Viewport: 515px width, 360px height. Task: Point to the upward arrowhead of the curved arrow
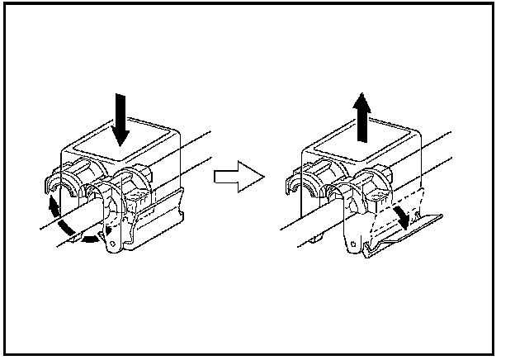click(x=55, y=201)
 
